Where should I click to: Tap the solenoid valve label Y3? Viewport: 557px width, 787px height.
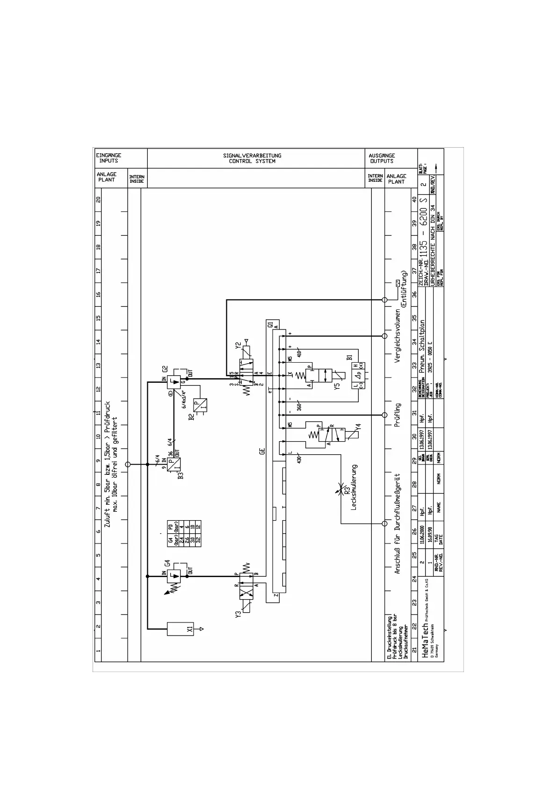[239, 613]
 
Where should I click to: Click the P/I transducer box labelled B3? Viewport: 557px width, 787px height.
[174, 465]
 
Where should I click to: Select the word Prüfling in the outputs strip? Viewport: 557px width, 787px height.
[398, 415]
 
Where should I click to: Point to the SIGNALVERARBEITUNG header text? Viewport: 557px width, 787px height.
[252, 155]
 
